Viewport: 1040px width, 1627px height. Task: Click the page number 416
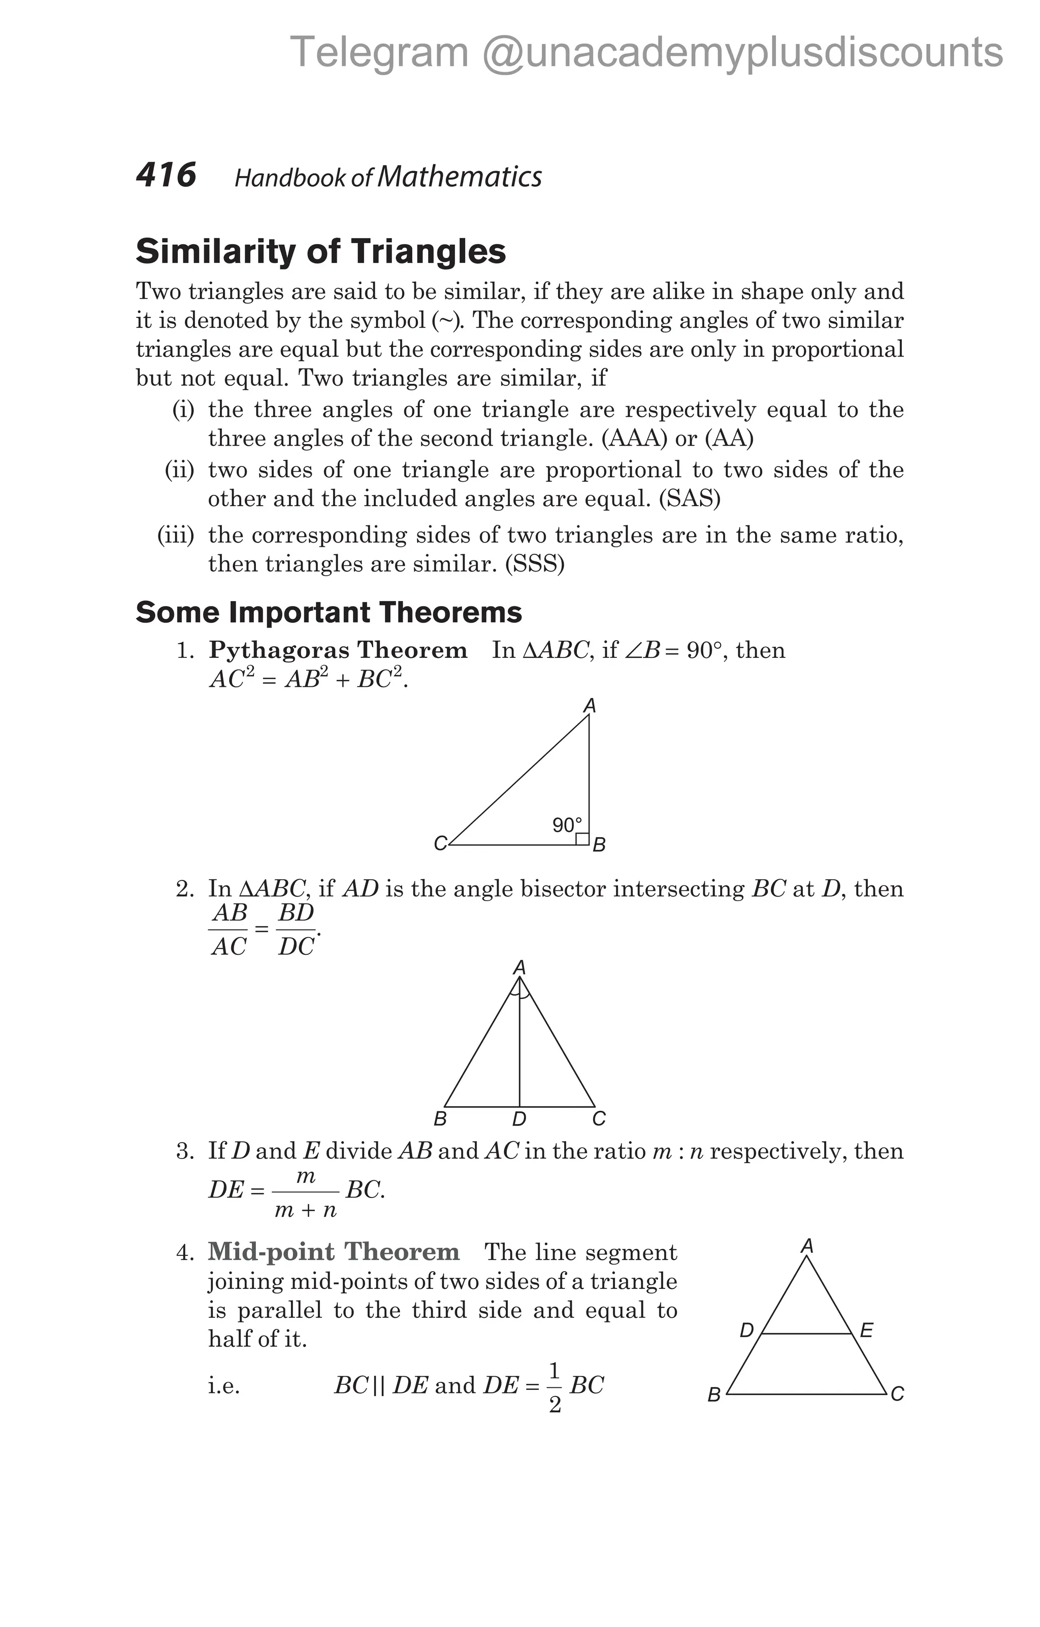coord(166,175)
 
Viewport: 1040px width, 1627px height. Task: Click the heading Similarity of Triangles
coord(320,251)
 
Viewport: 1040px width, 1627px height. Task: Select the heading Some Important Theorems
coord(329,612)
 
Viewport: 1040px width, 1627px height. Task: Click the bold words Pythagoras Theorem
coord(338,650)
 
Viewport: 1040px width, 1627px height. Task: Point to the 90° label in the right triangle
coord(566,825)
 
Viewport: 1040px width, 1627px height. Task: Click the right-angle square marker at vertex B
coord(582,839)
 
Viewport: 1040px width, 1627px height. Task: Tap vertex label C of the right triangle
coord(440,844)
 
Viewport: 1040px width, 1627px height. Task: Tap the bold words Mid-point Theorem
coord(334,1252)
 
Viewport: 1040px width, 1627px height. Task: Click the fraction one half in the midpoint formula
coord(555,1387)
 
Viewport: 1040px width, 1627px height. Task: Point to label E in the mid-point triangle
coord(866,1331)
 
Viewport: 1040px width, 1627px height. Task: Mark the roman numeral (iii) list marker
coord(176,535)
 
